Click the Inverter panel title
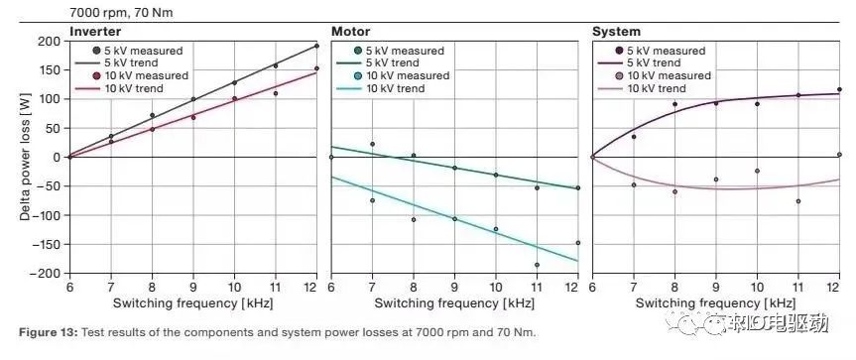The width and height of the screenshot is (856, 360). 95,32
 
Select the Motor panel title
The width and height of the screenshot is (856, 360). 352,32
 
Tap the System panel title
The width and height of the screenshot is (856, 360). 616,32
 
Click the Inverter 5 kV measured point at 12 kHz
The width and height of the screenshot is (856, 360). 316,46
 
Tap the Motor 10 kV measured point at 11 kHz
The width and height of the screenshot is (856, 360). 537,265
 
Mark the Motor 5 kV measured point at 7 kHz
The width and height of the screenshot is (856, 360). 372,144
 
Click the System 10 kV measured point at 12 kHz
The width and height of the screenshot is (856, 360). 839,155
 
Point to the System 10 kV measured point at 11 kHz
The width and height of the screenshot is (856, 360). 797,201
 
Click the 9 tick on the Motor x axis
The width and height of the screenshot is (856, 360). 454,287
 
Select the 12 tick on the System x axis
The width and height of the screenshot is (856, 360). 838,287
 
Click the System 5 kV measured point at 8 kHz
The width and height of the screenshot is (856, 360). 674,104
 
